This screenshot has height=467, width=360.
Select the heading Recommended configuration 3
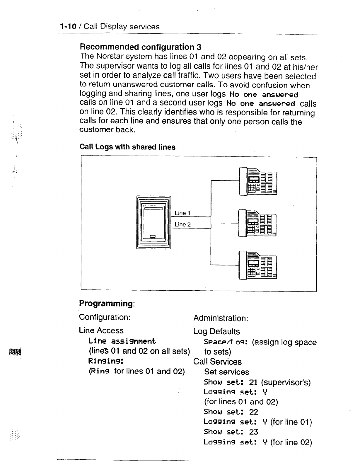tap(141, 47)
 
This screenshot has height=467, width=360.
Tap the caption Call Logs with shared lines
tap(127, 147)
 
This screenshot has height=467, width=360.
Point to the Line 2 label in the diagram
tap(182, 225)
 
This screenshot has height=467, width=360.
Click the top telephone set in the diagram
tap(258, 181)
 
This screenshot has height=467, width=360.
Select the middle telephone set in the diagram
tap(258, 223)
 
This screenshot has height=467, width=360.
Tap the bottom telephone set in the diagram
tap(258, 265)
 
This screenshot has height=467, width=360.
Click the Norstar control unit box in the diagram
tap(153, 222)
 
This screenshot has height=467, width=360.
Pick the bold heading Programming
tap(107, 303)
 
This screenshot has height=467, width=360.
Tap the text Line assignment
tap(122, 341)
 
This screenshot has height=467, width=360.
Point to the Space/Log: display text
tap(226, 342)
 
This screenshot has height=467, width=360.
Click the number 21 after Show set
tap(253, 382)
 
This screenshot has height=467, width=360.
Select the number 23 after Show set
tap(254, 432)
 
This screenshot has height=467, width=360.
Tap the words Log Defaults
tap(216, 331)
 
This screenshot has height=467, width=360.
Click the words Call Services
tap(217, 362)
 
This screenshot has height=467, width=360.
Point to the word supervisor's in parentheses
tap(285, 382)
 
